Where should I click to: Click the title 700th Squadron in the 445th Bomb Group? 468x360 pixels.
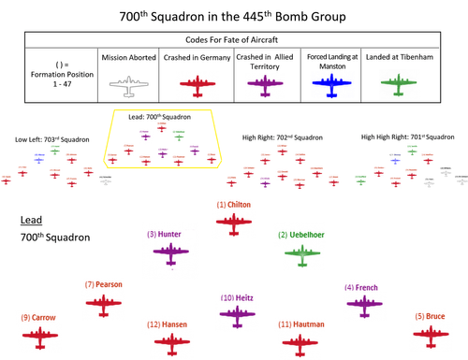[x=233, y=16]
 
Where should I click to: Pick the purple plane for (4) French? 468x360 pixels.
[x=365, y=302]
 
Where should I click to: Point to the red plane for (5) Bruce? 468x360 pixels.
[x=432, y=332]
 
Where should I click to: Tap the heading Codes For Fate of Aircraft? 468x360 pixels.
[x=233, y=41]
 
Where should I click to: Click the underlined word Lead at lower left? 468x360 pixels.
[x=31, y=221]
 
